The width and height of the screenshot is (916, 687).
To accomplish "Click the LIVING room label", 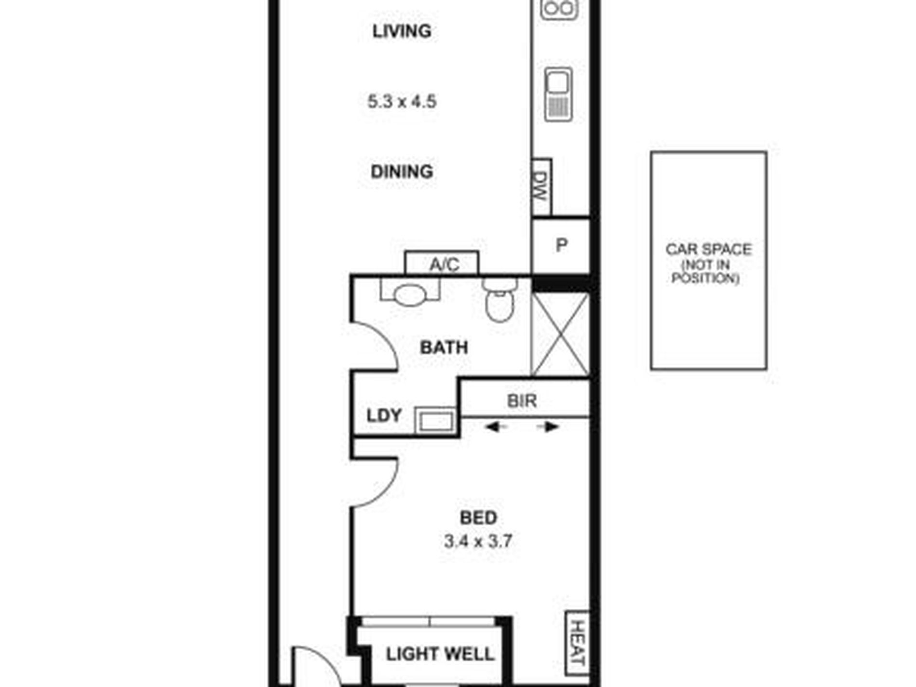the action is pos(402,31).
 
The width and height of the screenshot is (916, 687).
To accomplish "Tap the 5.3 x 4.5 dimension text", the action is pos(402,102).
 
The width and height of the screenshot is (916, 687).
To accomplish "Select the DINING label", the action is pos(402,172).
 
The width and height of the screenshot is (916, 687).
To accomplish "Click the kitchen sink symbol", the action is pos(559,94).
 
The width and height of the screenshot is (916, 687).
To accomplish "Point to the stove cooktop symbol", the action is pos(559,9).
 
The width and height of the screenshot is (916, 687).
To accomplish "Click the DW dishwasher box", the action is pos(541,187).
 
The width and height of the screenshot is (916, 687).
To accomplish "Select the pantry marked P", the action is pos(561,245).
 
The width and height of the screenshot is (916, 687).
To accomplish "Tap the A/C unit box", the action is pos(442,263).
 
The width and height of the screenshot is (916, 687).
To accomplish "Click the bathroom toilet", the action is pos(500,300).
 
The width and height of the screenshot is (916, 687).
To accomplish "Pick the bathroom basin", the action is pos(410,294).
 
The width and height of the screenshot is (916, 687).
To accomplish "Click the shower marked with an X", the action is pos(560,334).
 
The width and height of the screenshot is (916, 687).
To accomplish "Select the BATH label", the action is pos(444,348).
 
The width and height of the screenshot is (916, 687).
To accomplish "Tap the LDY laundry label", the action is pos(384,416).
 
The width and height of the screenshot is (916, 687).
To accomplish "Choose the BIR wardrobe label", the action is pos(522,401).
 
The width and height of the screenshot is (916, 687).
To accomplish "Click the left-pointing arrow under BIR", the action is pos(496,427).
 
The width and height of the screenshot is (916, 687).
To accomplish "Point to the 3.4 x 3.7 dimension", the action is pos(478,541).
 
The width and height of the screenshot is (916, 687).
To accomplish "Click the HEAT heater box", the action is pos(577,643).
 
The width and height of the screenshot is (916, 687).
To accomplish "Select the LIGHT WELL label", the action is pos(440,654).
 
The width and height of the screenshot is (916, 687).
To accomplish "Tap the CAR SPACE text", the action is pos(708,249).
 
